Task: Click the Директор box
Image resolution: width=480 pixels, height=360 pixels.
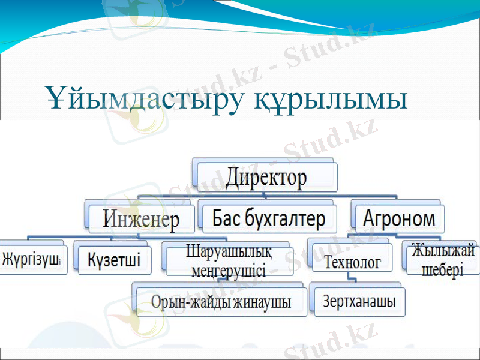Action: [x=266, y=178]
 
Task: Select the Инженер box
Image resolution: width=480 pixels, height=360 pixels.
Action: [x=141, y=220]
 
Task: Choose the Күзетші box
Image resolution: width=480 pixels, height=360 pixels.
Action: [x=114, y=260]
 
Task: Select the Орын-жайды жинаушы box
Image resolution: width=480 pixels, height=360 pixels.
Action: [x=220, y=302]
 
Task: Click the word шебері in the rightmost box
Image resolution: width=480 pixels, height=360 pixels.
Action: [x=443, y=270]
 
